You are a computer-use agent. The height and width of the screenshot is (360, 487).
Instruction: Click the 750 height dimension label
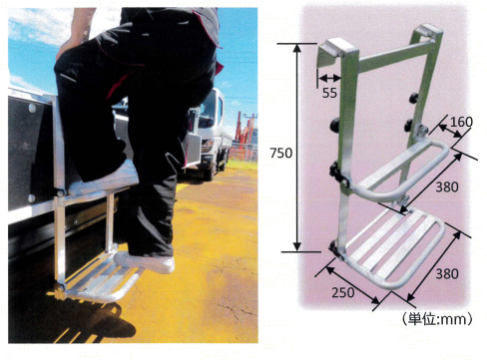coord(280,153)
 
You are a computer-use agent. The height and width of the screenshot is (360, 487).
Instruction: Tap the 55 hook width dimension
coord(329,93)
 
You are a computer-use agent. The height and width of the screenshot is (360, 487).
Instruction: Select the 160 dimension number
coord(461,122)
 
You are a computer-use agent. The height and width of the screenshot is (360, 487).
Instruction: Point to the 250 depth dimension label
coord(343,292)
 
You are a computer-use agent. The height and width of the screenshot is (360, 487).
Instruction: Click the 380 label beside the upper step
coord(447,187)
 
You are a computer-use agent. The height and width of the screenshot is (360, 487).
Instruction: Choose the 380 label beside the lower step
coord(447,273)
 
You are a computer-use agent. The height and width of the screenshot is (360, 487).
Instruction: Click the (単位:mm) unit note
coord(437,319)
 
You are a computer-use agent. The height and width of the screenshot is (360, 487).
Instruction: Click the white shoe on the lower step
coord(145,261)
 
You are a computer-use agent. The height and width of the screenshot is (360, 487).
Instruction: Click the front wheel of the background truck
coord(210,171)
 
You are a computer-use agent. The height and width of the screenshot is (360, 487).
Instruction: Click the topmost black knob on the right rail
coord(414,98)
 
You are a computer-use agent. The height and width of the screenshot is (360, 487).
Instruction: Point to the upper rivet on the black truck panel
coord(32,108)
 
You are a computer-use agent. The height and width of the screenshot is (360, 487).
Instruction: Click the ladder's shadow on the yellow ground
coord(92,319)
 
